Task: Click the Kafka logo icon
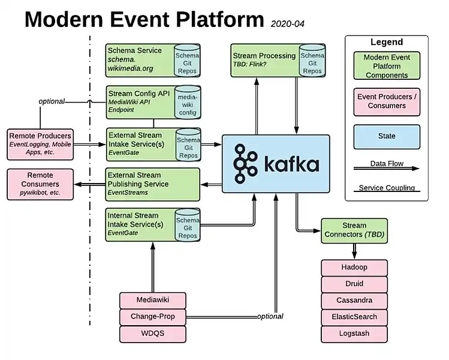[246, 163]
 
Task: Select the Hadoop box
[354, 267]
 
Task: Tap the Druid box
[354, 283]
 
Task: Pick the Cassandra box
[354, 300]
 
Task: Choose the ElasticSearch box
[354, 317]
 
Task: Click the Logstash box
[354, 334]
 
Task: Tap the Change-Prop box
[152, 316]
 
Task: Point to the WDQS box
[152, 333]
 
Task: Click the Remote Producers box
[40, 144]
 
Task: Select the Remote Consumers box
[40, 184]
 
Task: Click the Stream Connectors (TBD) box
[354, 230]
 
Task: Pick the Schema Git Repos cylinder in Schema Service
[188, 60]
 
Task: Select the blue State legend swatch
[387, 136]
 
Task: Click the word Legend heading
[387, 43]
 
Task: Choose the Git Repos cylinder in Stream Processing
[312, 60]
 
